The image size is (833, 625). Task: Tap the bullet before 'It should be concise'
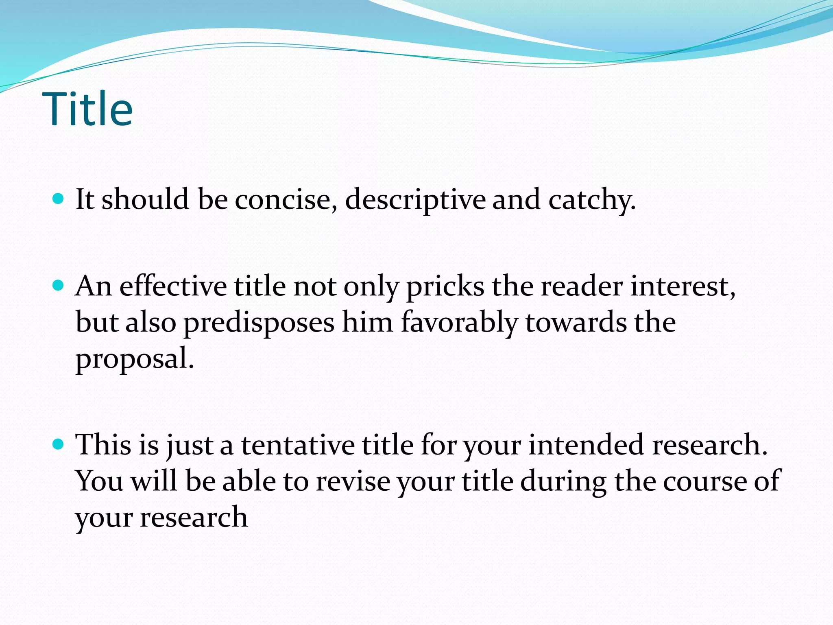point(59,199)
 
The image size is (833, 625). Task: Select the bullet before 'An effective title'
point(59,286)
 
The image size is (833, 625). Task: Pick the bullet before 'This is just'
point(59,444)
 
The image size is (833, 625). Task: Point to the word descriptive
point(415,200)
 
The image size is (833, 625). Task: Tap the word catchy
point(591,200)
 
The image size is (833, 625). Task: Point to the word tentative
point(298,445)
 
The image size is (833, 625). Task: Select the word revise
point(353,481)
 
